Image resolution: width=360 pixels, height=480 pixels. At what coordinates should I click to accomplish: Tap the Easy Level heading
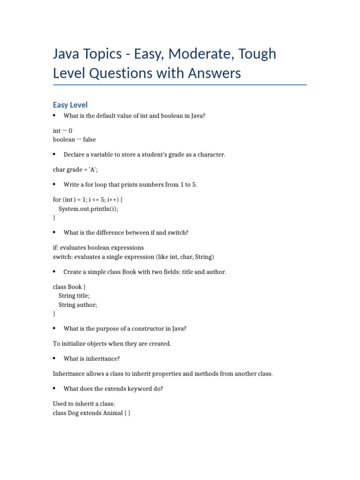70,105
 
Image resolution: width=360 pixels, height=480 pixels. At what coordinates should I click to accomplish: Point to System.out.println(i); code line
88,209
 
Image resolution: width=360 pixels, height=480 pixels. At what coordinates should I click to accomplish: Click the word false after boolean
89,140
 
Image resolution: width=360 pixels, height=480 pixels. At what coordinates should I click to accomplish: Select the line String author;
78,305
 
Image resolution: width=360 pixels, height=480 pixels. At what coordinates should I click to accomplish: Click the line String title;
74,296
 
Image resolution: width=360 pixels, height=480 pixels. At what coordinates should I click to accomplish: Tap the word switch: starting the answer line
63,257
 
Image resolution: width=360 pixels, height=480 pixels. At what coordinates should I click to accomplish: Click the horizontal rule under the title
180,85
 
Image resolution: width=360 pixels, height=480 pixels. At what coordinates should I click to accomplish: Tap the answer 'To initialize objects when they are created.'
112,344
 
